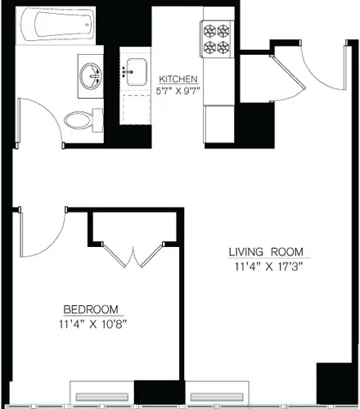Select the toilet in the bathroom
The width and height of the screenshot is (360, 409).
coord(77,119)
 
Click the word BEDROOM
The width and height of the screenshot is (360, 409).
coord(91,309)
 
